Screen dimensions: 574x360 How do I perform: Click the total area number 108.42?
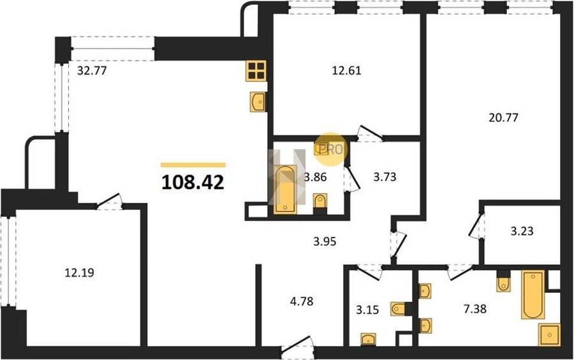tap(193, 182)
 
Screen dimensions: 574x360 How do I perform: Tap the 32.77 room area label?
tap(92, 70)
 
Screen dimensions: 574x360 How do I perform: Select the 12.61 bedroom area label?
tap(346, 70)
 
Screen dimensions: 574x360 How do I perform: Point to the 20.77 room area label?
tap(503, 117)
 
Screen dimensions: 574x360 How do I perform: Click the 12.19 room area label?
tap(80, 273)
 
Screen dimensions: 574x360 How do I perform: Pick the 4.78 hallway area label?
tap(302, 301)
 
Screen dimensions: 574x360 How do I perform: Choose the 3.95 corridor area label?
tap(325, 241)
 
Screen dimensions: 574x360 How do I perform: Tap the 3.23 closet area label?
tap(522, 231)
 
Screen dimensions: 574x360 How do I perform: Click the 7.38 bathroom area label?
tap(475, 309)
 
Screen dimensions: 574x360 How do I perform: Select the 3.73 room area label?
tap(385, 177)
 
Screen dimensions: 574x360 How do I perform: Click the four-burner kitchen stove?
tap(256, 71)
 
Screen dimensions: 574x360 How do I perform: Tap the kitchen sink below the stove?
tap(258, 101)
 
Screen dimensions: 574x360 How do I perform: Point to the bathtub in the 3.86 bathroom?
tap(286, 190)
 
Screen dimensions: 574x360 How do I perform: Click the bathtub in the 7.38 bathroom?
tap(533, 294)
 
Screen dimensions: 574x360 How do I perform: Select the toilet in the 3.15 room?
tap(398, 309)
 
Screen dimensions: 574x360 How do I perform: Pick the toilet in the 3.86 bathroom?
tap(320, 203)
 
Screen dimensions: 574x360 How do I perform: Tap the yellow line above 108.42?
tap(193, 165)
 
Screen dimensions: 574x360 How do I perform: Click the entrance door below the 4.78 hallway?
tap(297, 348)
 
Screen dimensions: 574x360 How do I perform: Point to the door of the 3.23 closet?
tap(476, 226)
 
